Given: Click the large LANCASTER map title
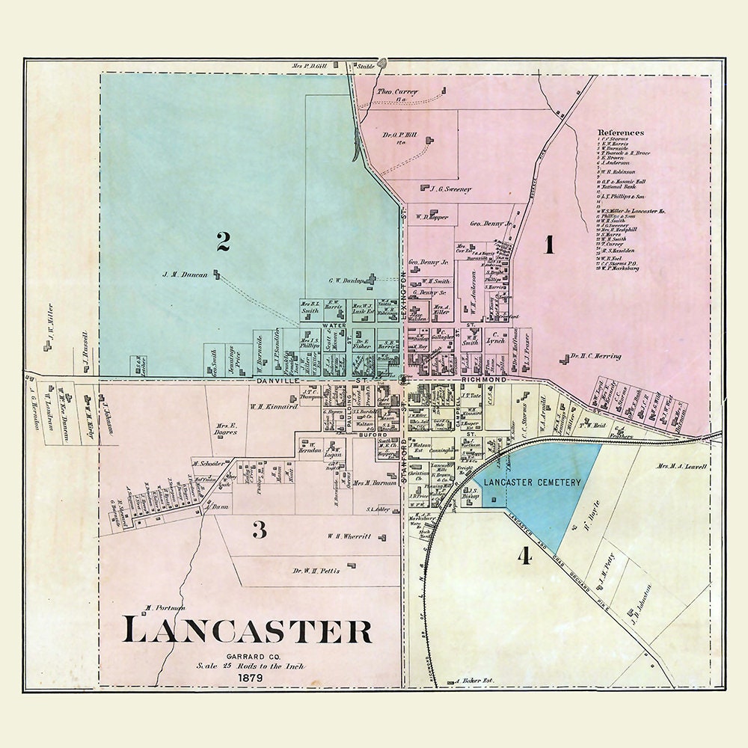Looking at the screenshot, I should (x=248, y=630).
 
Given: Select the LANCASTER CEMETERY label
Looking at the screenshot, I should (x=532, y=483).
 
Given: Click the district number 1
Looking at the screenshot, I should (x=549, y=245).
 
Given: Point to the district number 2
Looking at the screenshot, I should (x=223, y=241).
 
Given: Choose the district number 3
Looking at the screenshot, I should (x=259, y=530).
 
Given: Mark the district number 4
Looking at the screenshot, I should (x=524, y=556).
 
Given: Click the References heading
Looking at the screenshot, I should (x=620, y=132).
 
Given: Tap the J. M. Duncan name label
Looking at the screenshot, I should (x=185, y=274).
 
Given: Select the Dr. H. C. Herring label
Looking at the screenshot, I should (x=595, y=358).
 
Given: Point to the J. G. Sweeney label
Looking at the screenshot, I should (x=452, y=189).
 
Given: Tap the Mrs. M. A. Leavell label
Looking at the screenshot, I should (x=681, y=467).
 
